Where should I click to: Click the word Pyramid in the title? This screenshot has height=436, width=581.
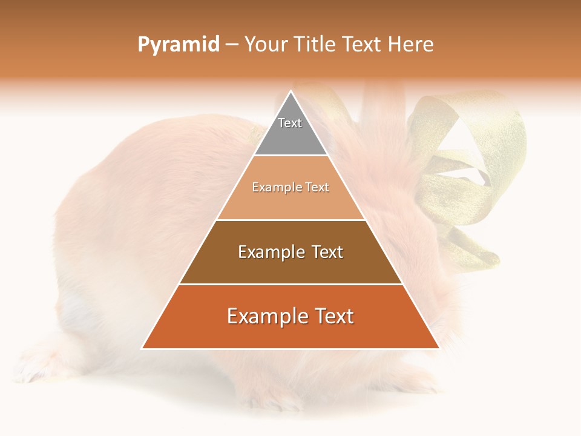tap(179, 45)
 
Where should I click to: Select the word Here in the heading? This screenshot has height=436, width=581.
tap(411, 45)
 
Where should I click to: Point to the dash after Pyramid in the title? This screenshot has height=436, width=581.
tap(232, 45)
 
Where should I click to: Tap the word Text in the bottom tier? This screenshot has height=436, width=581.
tap(332, 316)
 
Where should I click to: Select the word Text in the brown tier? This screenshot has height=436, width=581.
tap(327, 252)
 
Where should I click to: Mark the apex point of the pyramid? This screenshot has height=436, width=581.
tap(290, 92)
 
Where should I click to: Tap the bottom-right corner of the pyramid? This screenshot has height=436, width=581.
tap(438, 348)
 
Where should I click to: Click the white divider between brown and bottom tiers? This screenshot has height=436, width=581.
tap(290, 284)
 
